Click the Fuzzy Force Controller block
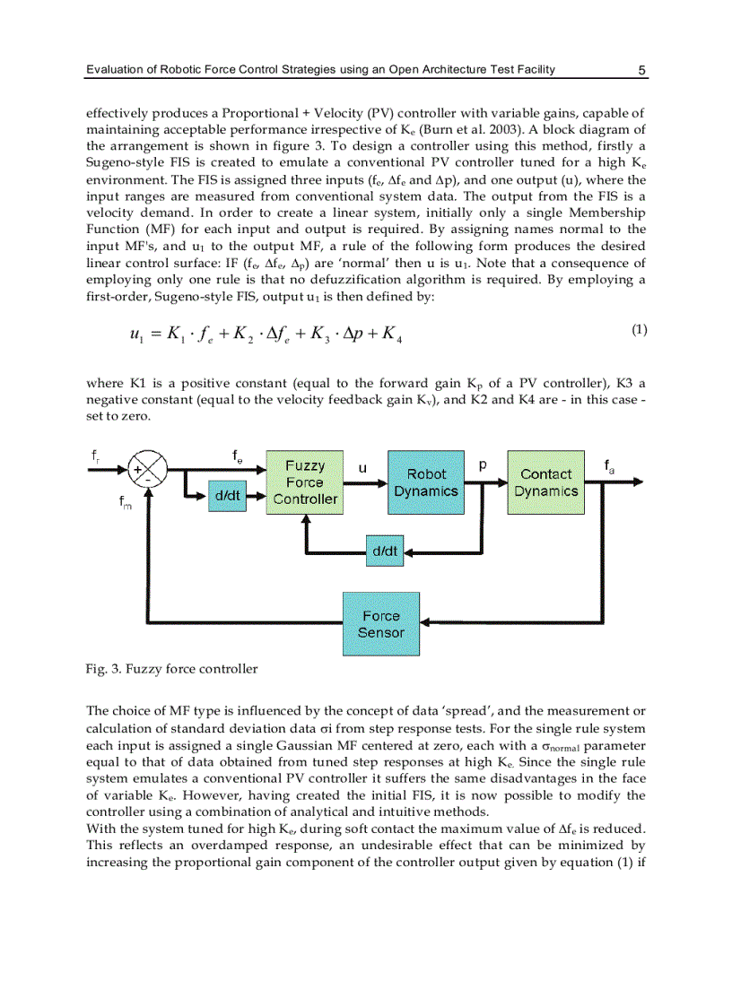pos(304,482)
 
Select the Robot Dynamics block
pos(426,482)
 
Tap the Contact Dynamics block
pos(545,482)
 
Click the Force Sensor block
pos(381,624)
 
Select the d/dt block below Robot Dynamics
pos(384,551)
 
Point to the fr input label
pos(96,456)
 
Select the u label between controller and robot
pos(362,467)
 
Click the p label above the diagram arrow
pos(483,465)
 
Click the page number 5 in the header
pos(642,70)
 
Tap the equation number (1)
pos(639,330)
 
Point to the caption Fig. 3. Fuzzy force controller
pos(171,669)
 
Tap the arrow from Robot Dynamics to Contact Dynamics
pos(485,482)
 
